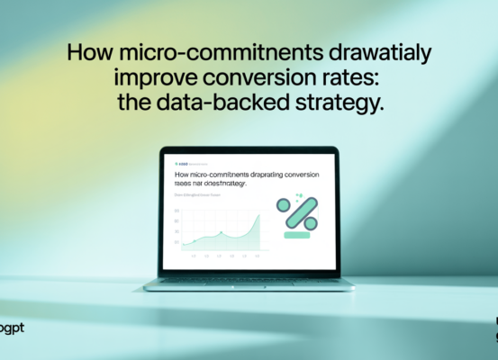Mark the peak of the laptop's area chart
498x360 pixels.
258,215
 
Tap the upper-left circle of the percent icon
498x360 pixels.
284,205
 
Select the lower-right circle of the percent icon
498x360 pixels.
311,223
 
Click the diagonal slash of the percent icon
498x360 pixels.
298,214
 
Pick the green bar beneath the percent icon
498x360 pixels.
297,236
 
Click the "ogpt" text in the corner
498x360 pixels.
13,328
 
